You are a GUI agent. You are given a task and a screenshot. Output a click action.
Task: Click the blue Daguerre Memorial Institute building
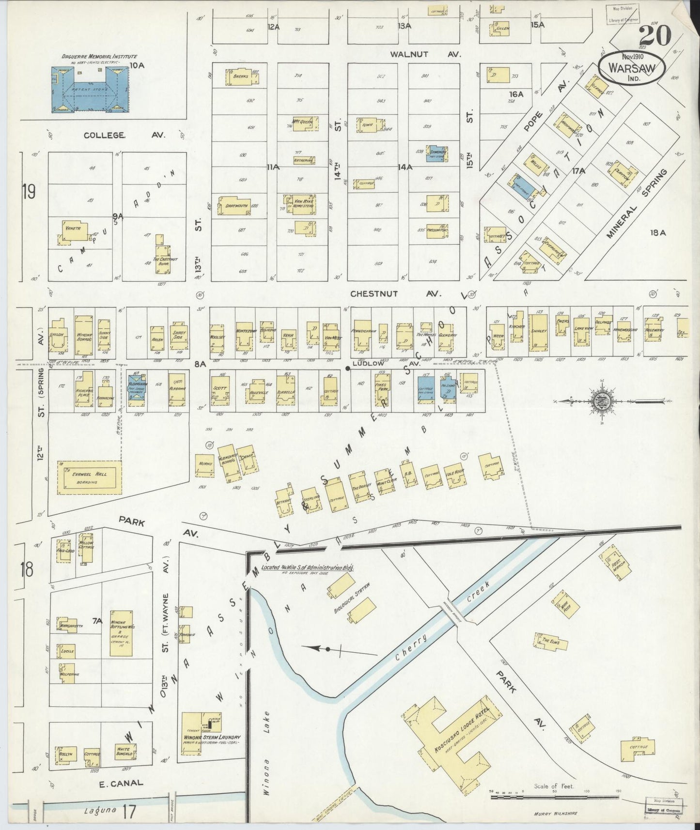[x=90, y=90]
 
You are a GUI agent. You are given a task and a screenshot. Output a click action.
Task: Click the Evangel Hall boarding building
[x=89, y=477]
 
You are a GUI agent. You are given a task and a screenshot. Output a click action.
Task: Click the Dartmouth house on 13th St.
[x=236, y=205]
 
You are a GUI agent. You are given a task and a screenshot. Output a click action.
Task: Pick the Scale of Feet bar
[x=555, y=796]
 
